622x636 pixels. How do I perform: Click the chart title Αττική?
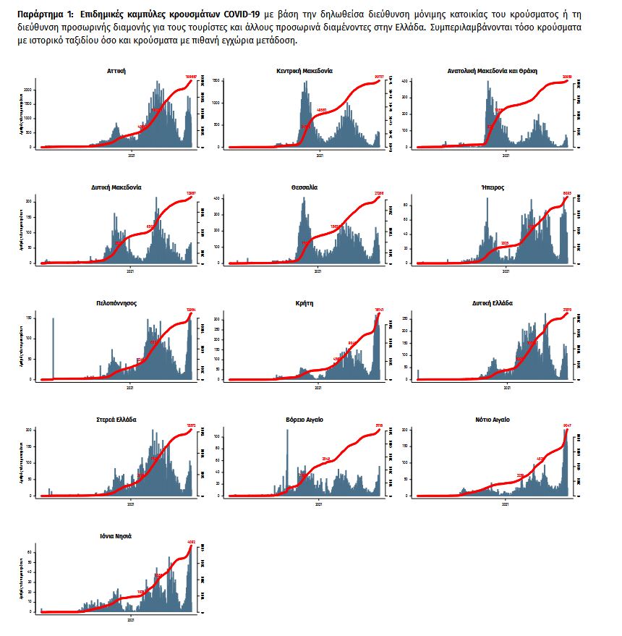point(116,71)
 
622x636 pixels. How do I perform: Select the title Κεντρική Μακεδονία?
point(304,71)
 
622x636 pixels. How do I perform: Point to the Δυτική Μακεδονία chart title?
point(116,187)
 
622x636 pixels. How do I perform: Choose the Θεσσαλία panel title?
point(304,187)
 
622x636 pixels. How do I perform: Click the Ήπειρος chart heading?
point(493,187)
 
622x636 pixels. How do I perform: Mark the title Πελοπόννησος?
point(116,303)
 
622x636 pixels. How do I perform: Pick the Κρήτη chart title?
point(304,303)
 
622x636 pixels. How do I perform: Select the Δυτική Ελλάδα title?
point(493,303)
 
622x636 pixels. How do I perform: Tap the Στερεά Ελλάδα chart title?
point(116,420)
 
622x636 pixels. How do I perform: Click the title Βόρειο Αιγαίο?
point(304,420)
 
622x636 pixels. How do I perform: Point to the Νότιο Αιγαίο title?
point(493,420)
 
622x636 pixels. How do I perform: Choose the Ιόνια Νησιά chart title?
point(116,536)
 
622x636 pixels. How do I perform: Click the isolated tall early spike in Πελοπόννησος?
point(53,347)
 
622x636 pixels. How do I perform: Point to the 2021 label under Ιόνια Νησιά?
point(131,620)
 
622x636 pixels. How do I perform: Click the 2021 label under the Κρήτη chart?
point(319,387)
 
